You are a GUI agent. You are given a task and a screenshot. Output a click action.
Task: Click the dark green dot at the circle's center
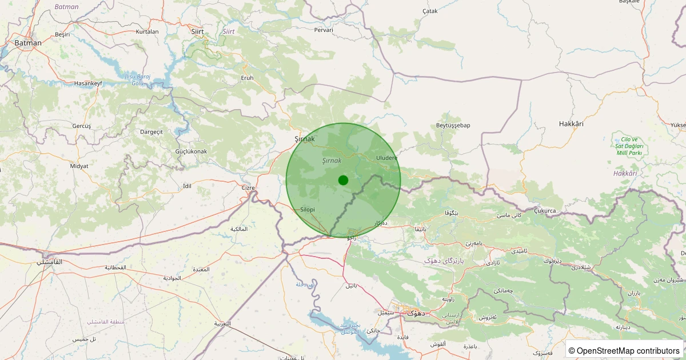click(343, 180)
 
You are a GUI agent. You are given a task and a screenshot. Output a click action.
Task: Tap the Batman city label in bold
click(28, 43)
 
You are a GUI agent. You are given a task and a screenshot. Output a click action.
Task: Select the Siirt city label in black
click(197, 31)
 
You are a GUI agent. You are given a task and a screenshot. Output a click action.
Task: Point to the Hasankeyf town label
click(88, 83)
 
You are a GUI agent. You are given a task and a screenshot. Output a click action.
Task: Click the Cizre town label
click(248, 187)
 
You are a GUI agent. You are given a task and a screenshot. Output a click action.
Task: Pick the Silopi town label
click(308, 210)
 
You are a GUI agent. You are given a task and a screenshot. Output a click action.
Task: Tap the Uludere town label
click(387, 158)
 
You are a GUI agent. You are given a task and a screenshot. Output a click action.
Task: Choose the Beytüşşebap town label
click(453, 125)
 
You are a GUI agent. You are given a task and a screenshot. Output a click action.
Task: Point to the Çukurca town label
click(545, 210)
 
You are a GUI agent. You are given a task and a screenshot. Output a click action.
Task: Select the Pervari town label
click(324, 30)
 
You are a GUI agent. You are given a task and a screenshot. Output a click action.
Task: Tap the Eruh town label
click(247, 78)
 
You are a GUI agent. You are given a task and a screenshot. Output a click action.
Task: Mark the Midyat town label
click(79, 166)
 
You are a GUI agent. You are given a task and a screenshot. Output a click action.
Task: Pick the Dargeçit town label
click(151, 132)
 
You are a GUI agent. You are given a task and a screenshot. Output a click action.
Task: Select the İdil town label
click(186, 186)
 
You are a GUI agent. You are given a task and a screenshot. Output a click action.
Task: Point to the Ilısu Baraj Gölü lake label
click(138, 79)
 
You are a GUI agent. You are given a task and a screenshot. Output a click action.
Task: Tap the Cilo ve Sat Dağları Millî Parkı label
click(629, 146)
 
